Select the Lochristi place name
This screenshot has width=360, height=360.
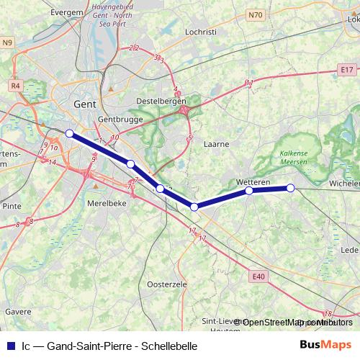201,32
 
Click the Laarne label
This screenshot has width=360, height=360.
216,143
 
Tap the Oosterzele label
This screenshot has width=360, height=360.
166,285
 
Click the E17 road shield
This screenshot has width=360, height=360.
346,69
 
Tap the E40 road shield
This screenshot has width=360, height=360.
259,274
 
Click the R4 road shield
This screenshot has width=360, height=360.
15,85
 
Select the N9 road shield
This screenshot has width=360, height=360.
8,43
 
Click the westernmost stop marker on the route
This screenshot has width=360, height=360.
69,133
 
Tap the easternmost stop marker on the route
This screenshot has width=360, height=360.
291,188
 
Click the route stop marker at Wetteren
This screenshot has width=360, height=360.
248,191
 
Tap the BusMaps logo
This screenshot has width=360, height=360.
325,345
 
